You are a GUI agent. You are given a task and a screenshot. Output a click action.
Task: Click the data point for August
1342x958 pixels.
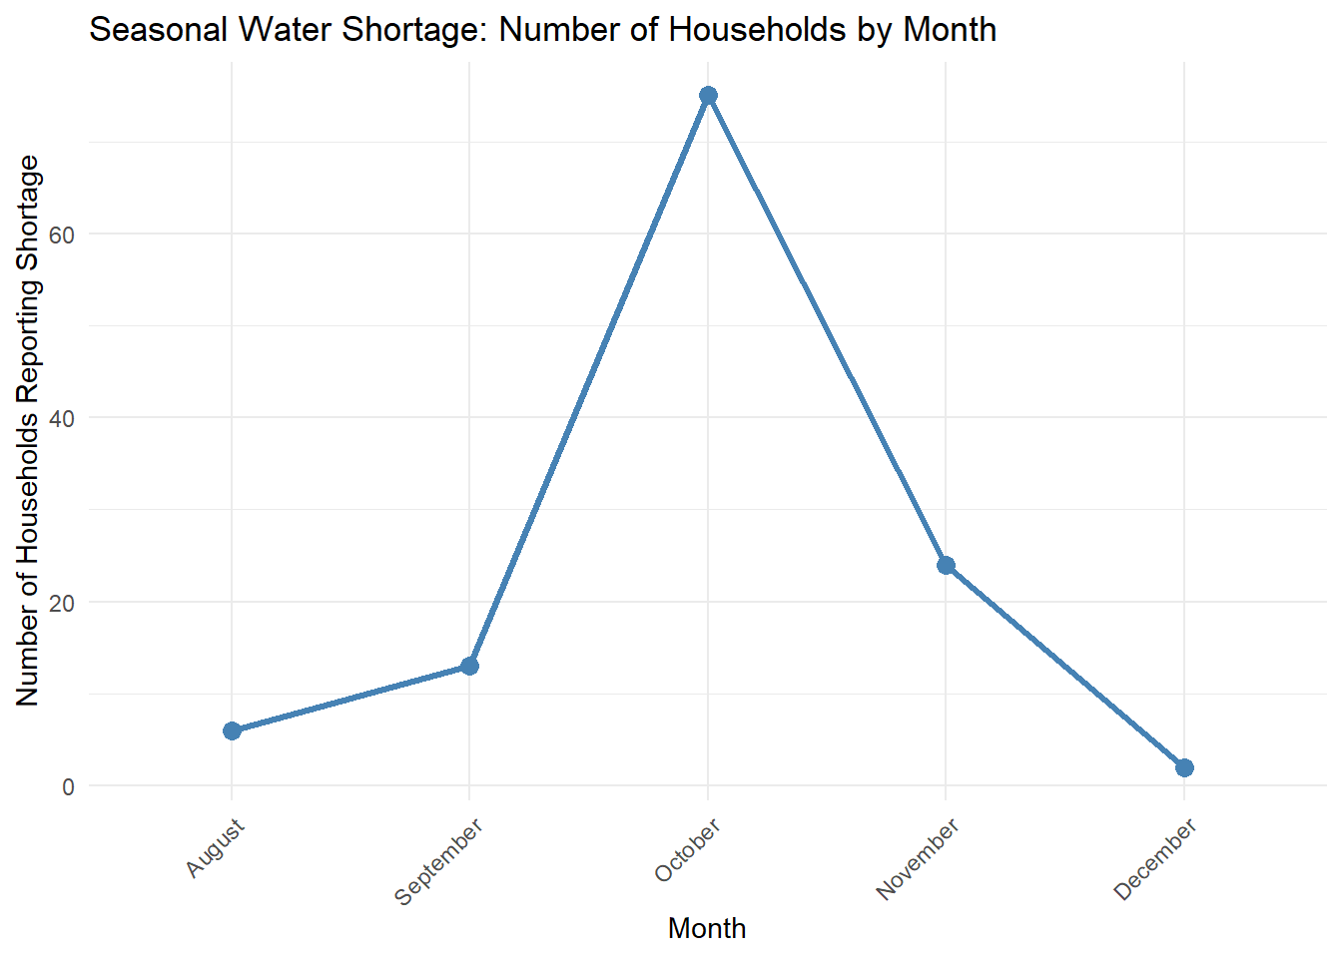[x=232, y=730]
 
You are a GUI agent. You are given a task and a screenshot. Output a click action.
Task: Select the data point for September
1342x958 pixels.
[x=469, y=666]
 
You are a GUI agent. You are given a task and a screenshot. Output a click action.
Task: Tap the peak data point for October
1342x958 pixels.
[x=708, y=96]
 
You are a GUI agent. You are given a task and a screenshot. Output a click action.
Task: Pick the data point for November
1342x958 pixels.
[x=946, y=565]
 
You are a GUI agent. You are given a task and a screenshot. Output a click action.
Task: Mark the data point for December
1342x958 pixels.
[x=1184, y=767]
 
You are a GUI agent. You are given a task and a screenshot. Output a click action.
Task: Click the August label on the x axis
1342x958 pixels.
[x=216, y=848]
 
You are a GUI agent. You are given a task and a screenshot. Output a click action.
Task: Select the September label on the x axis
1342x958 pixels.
[x=439, y=861]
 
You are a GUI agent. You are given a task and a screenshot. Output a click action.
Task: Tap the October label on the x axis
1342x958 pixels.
[x=688, y=850]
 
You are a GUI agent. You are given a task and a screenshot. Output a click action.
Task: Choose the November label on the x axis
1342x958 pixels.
[x=919, y=858]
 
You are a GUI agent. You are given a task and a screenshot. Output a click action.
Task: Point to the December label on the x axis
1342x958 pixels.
[x=1156, y=859]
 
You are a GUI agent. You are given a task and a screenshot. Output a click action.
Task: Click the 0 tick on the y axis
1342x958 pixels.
[x=68, y=786]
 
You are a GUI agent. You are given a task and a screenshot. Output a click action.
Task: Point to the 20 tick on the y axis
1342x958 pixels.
[x=62, y=603]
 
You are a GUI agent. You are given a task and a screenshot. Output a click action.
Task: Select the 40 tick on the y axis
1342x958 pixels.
[x=62, y=418]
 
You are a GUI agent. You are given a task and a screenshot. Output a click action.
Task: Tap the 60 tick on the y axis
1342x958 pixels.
[x=62, y=235]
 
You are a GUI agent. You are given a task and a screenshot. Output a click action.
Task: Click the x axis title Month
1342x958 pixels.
[x=707, y=928]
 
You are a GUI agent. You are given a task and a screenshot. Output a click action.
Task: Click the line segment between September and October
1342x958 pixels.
[x=589, y=380]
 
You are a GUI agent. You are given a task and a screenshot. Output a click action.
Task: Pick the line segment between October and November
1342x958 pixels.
[x=827, y=330]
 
